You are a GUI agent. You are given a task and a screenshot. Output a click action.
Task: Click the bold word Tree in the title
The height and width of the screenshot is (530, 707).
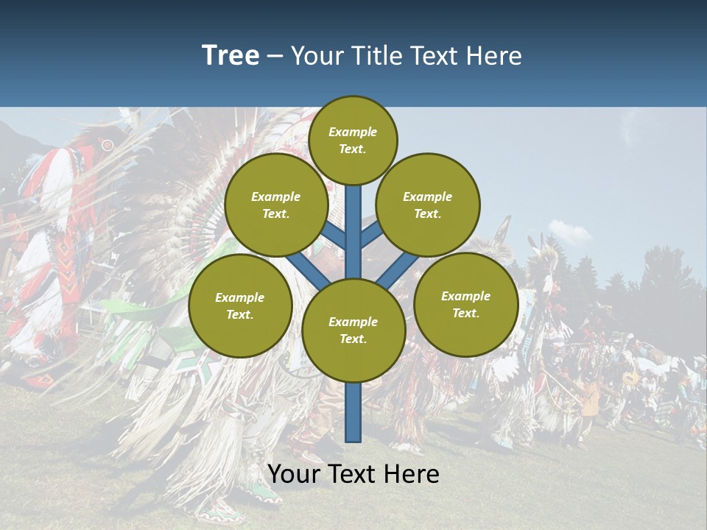(231, 56)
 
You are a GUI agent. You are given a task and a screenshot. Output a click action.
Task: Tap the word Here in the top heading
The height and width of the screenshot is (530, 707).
(493, 56)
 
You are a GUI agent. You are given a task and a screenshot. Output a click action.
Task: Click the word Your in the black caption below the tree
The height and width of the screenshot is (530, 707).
(294, 474)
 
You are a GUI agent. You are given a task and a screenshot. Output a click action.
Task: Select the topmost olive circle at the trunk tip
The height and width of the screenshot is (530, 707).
(353, 140)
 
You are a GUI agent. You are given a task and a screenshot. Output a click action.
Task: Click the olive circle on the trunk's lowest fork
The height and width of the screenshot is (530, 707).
(353, 331)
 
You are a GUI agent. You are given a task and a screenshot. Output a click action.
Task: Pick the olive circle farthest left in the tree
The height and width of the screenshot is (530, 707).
(240, 306)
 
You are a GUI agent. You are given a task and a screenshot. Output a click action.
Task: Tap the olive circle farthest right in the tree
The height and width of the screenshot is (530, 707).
(465, 305)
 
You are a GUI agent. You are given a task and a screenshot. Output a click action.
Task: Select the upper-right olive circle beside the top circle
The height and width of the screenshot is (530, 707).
(428, 205)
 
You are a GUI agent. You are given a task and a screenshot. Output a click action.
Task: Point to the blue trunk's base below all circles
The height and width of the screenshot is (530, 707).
(353, 420)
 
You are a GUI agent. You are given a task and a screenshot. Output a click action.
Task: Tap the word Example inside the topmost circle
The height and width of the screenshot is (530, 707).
(353, 132)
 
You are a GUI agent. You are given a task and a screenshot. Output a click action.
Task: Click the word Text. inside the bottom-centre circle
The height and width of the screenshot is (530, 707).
(353, 339)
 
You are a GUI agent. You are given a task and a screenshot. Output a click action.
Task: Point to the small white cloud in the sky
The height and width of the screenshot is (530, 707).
(569, 233)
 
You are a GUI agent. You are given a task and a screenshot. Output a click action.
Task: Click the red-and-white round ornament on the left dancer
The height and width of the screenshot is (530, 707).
(108, 145)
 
